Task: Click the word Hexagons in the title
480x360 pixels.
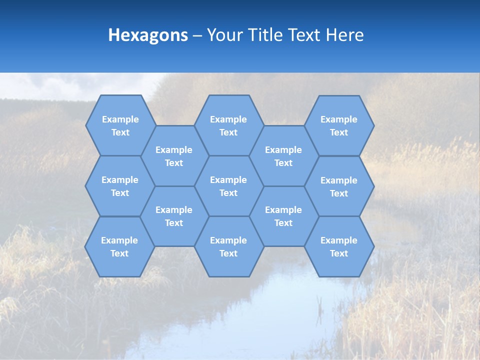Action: coord(148,35)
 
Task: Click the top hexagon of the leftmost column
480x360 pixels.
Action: coord(120,125)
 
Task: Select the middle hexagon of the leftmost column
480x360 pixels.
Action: coord(120,186)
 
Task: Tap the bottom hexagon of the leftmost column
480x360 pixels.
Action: coord(119,246)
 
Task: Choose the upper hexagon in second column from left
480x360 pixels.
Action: coord(174,156)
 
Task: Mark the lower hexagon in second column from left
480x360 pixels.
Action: coord(174,216)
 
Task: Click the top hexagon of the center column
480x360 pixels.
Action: coord(228,125)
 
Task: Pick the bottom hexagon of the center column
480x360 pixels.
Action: coord(228,246)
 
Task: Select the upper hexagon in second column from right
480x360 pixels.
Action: coord(283,156)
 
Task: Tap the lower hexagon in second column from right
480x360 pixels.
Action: coord(283,216)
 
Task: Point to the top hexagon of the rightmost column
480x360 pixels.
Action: coord(339,125)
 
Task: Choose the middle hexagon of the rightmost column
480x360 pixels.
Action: coord(339,186)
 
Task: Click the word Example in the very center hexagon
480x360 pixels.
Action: coord(228,180)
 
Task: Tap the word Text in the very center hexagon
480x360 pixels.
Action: coord(228,193)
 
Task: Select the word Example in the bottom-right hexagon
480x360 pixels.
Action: coord(339,240)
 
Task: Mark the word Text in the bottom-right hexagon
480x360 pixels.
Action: coord(339,253)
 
